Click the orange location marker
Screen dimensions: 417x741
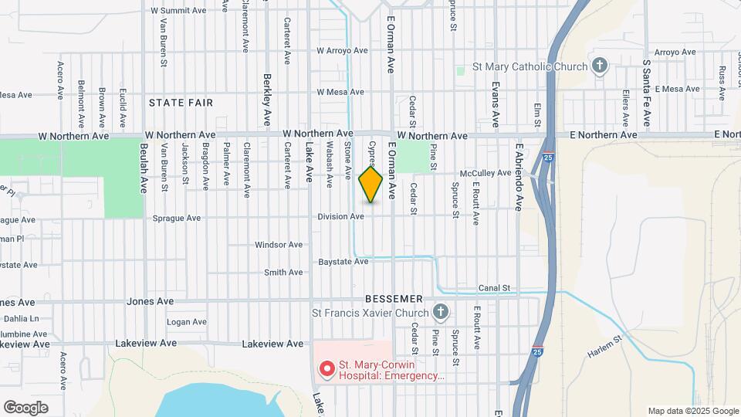[x=371, y=185]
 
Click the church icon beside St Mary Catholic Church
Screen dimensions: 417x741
[x=600, y=66]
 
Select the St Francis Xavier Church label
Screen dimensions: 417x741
[x=370, y=313]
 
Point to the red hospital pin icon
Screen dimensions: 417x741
[x=327, y=370]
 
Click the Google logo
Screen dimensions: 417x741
[x=25, y=407]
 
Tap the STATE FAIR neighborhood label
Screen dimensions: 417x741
[x=181, y=102]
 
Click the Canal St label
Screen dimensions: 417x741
[x=494, y=288]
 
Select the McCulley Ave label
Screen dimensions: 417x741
[x=486, y=173]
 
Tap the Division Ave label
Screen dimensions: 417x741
[x=340, y=217]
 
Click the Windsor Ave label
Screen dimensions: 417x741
[x=279, y=245]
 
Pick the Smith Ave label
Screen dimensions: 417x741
[x=283, y=273]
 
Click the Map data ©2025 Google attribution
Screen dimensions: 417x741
[x=692, y=411]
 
